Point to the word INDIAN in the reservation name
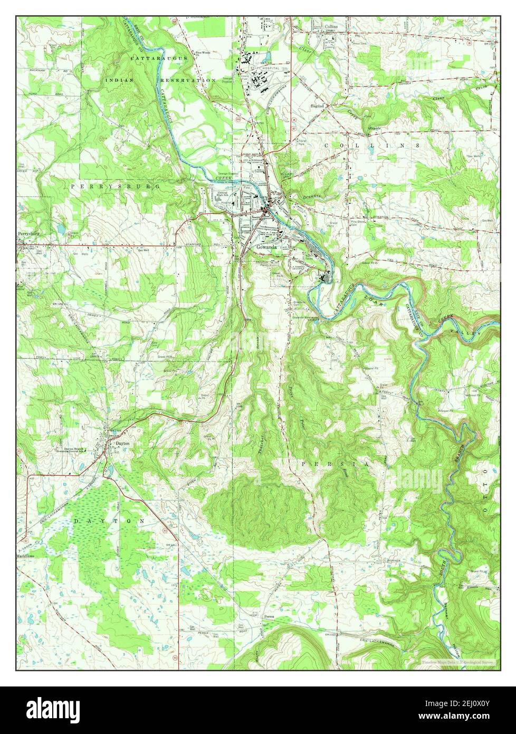[120, 80]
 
